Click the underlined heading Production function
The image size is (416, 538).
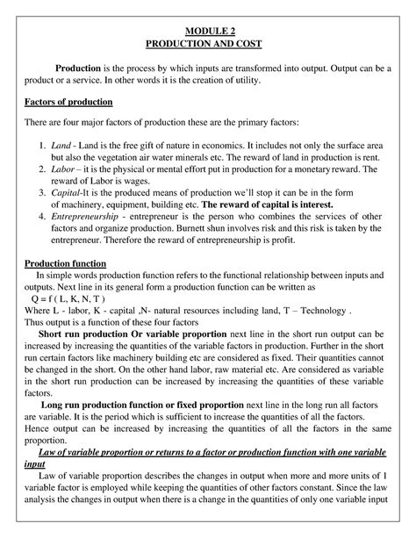click(x=65, y=262)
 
